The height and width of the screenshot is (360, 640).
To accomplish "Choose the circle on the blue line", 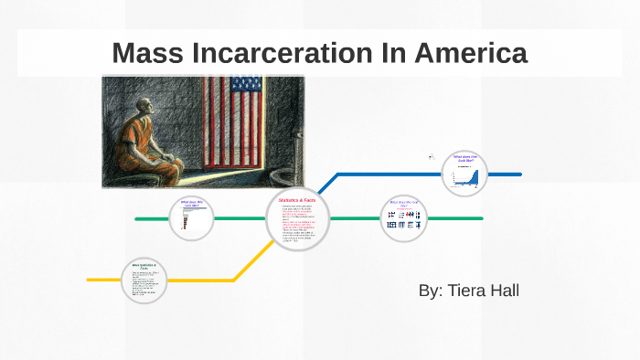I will tap(464, 174).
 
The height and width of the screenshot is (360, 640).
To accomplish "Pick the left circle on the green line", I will tap(192, 218).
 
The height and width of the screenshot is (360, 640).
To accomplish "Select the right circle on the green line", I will tap(403, 218).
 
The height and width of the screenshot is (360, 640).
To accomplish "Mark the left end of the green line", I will tap(137, 219).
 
